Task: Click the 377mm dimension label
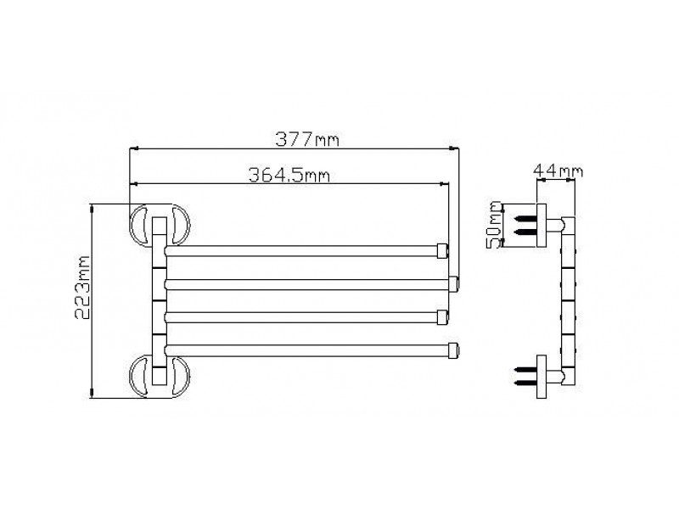coord(307,139)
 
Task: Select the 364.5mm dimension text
coord(289,176)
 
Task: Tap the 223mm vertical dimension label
coord(82,288)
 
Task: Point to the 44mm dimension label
coord(558,171)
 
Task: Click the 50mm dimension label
coord(494,224)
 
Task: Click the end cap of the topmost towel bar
coord(442,251)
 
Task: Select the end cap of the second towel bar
coord(453,284)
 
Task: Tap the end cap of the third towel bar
coord(442,317)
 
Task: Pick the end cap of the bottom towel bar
coord(453,350)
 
